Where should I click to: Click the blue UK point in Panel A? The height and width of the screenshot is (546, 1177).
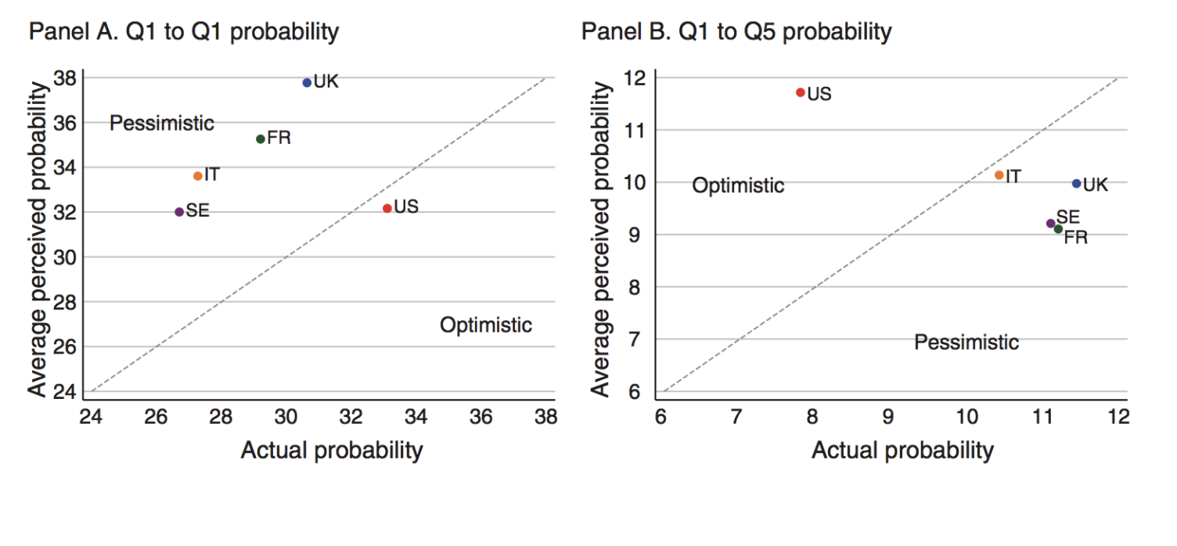[x=307, y=82]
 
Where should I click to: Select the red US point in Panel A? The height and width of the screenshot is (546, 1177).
[x=387, y=208]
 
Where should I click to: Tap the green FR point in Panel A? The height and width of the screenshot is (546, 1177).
[x=261, y=139]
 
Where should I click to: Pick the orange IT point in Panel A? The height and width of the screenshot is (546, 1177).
[x=197, y=176]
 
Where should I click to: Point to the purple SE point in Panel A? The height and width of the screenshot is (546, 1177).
[x=179, y=212]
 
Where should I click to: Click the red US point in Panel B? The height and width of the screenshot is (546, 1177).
[x=800, y=92]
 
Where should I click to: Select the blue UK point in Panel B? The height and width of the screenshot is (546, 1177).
[x=1076, y=184]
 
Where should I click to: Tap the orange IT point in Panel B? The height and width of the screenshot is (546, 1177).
[x=999, y=175]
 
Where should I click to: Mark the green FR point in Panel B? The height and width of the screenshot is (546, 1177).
[x=1058, y=229]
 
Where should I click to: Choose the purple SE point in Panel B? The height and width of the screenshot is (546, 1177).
[x=1050, y=224]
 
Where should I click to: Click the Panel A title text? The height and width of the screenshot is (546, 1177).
[x=184, y=32]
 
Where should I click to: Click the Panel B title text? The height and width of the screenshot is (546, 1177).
[x=736, y=32]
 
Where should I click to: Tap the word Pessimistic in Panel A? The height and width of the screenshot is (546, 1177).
[x=162, y=123]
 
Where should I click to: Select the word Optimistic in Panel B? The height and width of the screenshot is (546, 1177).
[x=738, y=185]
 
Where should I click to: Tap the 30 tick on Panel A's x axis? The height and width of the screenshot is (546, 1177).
[x=286, y=417]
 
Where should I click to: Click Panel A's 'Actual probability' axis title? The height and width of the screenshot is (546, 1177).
[x=332, y=451]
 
